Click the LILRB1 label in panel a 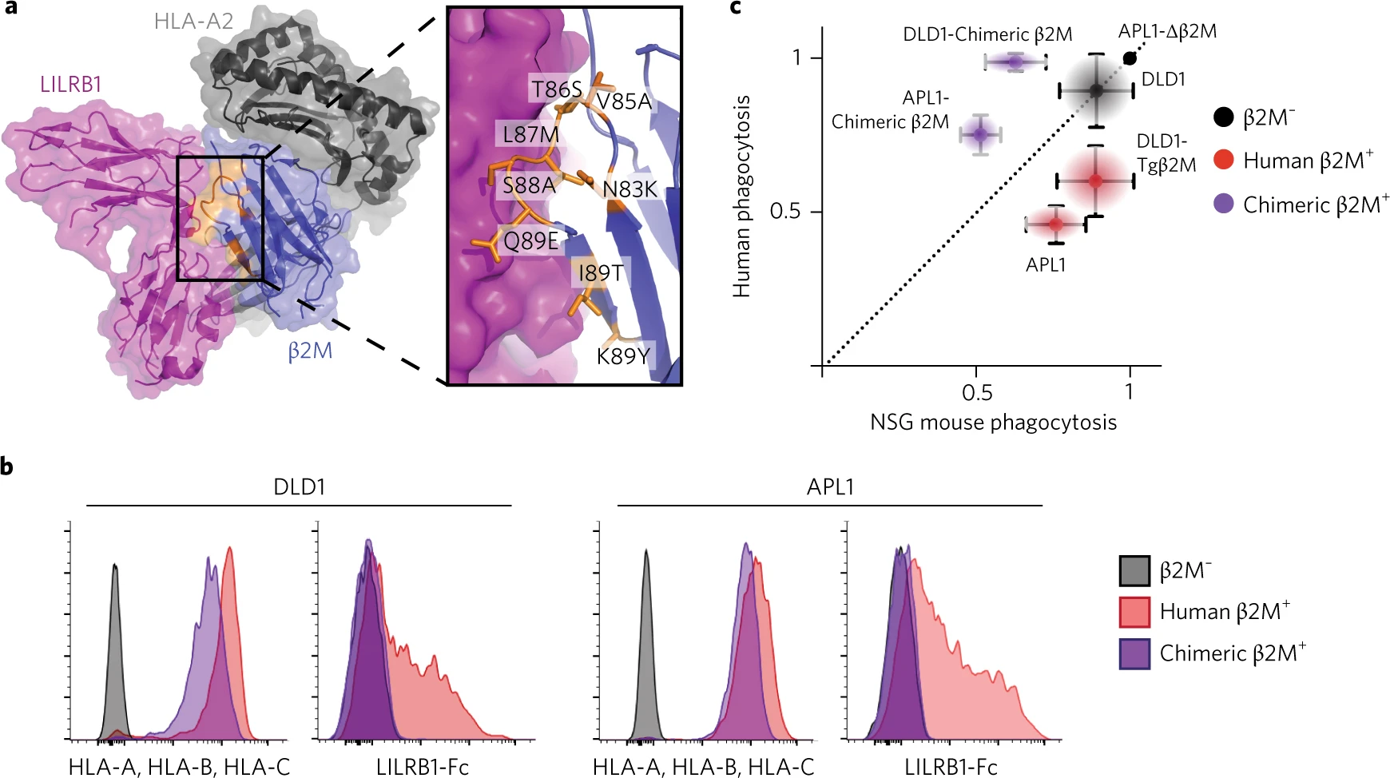pos(71,84)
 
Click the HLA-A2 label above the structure pos(193,21)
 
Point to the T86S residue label pos(557,89)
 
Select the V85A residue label pos(624,101)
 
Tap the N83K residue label pos(629,189)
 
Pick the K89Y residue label pos(623,355)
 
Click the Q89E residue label pos(530,240)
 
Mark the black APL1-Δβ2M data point pos(1130,58)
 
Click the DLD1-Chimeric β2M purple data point pos(1015,62)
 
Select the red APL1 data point pos(1055,224)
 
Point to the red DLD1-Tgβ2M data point pos(1095,181)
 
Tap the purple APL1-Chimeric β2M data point pos(980,135)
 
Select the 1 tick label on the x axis pos(1129,391)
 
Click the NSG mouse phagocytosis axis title pos(993,423)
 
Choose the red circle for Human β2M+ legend pos(1224,160)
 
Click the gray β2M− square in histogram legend pos(1134,570)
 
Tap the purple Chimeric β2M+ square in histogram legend pos(1134,653)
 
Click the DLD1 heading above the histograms pos(299,487)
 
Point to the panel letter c pos(736,8)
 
